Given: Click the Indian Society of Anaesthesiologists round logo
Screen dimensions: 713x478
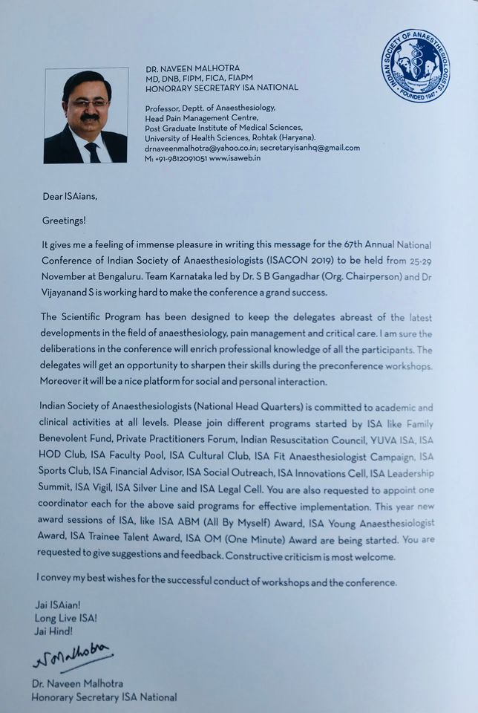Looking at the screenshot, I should pos(415,65).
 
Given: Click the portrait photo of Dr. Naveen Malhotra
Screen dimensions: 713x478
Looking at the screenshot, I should pos(85,115).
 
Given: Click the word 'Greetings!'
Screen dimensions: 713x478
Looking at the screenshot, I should pos(63,220).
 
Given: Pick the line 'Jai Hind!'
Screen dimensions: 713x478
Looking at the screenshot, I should pos(53,630).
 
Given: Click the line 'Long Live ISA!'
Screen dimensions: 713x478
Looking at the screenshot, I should pos(65,617).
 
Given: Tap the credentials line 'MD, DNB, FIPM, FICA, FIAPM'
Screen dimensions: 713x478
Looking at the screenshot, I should pos(203,78).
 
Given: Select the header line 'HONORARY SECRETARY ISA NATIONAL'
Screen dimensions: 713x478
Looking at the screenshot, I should pos(222,88).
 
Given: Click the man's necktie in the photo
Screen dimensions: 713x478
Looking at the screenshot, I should pos(92,151).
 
